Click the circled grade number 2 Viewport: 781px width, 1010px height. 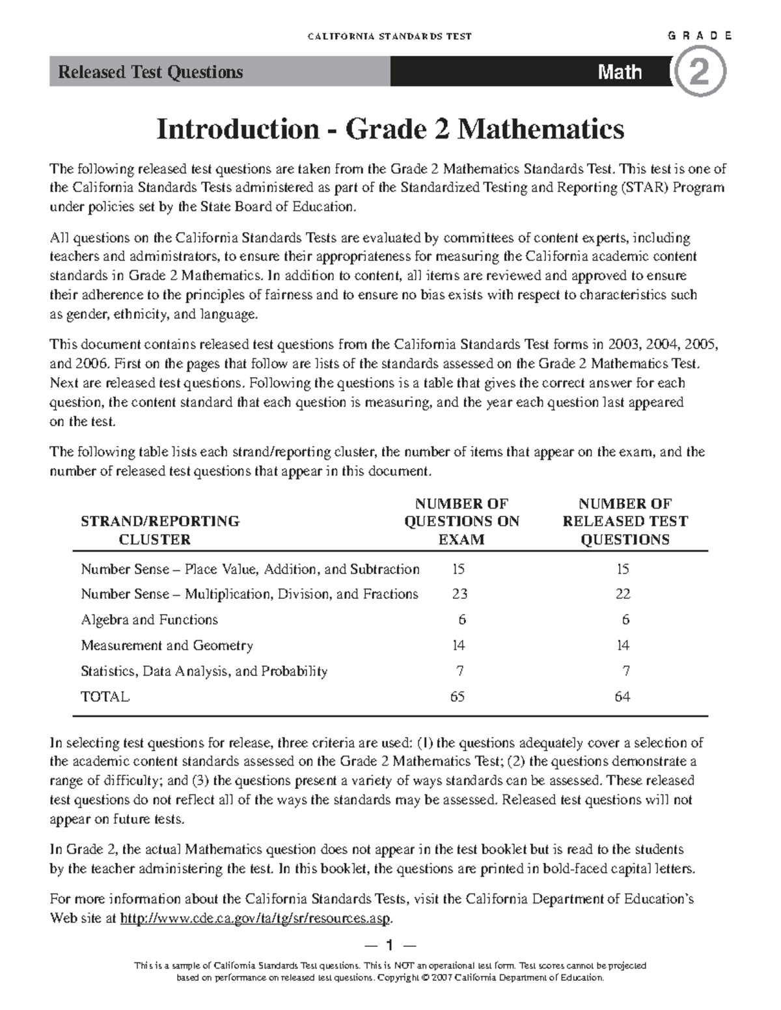700,73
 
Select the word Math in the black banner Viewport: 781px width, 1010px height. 620,72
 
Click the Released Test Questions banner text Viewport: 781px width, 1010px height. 150,72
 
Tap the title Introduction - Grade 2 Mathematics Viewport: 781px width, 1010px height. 390,129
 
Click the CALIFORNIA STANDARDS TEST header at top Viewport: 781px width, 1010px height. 389,36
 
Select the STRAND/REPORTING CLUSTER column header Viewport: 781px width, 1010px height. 159,530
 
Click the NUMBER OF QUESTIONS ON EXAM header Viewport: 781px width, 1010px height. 461,522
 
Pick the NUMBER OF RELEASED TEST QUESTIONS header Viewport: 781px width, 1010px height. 625,522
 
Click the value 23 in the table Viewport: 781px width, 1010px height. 459,594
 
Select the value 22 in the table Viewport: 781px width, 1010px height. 623,594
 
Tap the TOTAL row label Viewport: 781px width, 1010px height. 105,697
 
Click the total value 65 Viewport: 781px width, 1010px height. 458,697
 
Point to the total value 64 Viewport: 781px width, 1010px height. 622,697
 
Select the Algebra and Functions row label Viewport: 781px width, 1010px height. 149,620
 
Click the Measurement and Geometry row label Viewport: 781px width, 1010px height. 167,645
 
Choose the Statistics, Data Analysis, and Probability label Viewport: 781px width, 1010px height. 204,671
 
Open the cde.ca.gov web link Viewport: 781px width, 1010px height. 256,918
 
